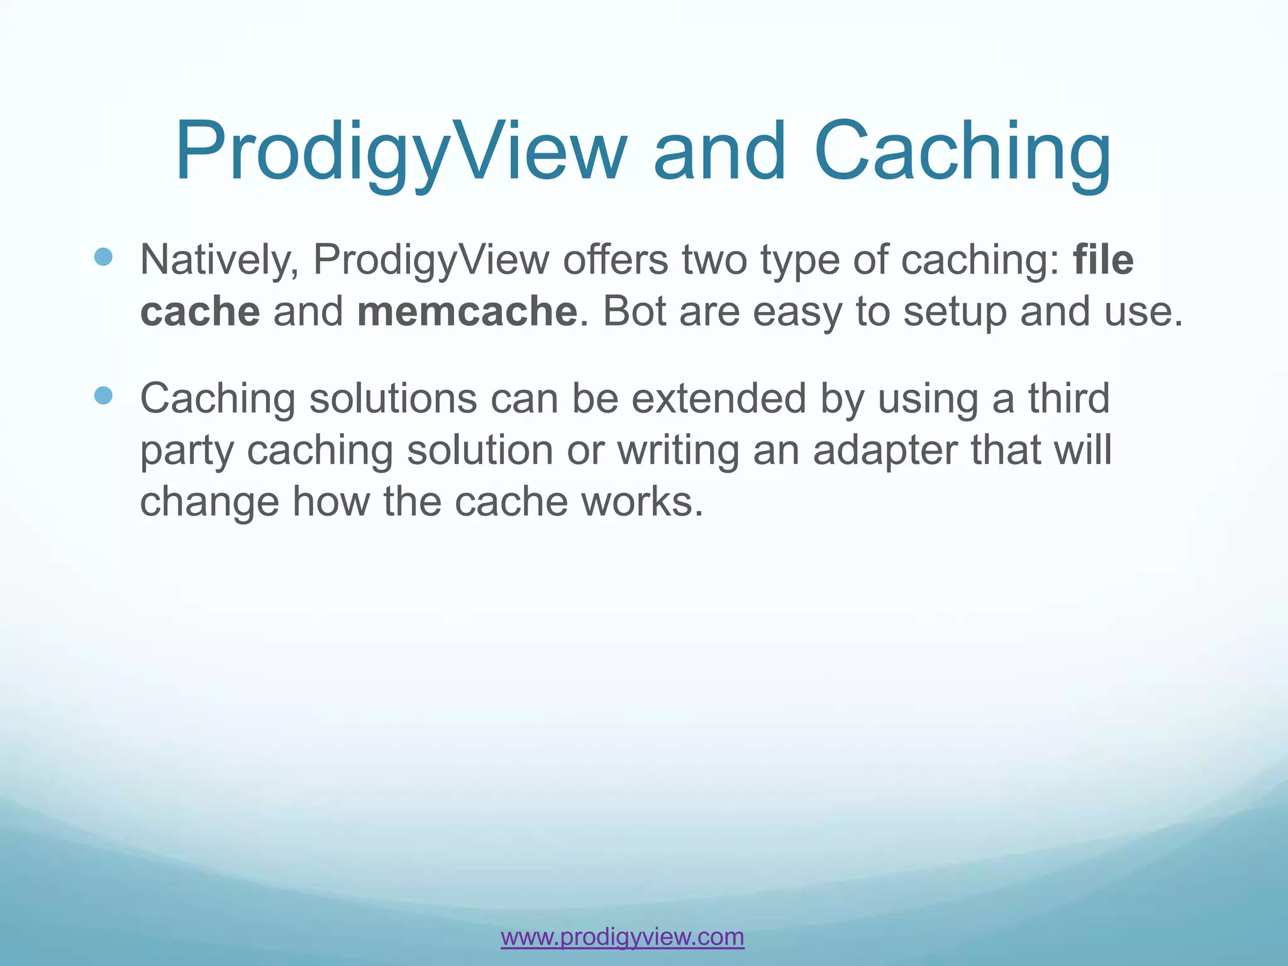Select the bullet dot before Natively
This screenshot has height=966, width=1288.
pos(103,257)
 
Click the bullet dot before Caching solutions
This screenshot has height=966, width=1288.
pos(103,396)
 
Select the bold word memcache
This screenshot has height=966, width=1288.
pos(467,311)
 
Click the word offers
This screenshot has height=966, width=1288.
pos(615,259)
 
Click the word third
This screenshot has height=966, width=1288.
pos(1069,398)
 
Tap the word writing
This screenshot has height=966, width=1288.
pos(678,451)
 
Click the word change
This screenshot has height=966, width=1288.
pos(209,502)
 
